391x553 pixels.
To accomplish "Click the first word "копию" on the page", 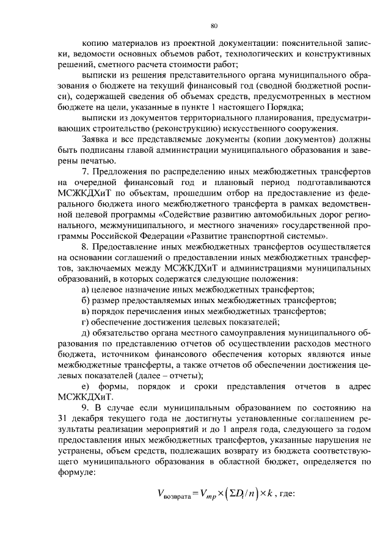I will tap(92, 44).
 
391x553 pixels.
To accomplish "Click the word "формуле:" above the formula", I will tap(76, 472).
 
